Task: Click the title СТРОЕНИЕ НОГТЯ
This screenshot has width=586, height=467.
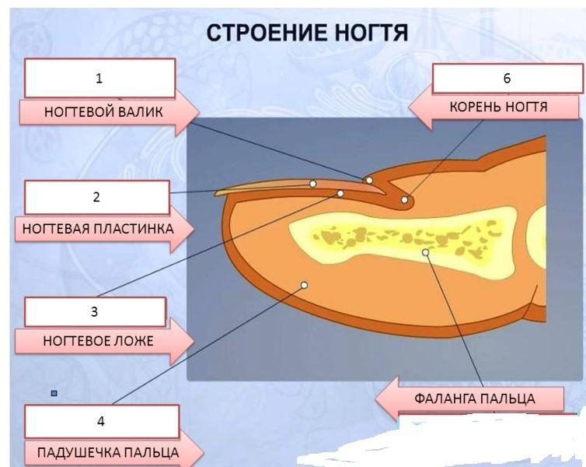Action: (x=307, y=33)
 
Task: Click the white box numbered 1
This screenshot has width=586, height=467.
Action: (x=99, y=78)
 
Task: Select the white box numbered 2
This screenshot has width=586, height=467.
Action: (x=96, y=197)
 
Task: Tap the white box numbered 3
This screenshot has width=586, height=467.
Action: (x=95, y=312)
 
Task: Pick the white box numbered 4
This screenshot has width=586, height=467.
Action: (x=101, y=422)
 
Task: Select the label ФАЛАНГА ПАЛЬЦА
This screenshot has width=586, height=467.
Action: (x=474, y=399)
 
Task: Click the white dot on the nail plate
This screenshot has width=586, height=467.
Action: (x=312, y=184)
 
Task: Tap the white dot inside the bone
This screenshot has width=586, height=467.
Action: (x=425, y=253)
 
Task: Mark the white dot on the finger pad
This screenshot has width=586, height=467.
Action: (x=304, y=285)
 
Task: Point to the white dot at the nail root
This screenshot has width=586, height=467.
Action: (x=405, y=200)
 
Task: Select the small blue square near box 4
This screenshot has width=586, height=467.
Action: (x=54, y=394)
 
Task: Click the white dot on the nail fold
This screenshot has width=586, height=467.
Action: (x=369, y=181)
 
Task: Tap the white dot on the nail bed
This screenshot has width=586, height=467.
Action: (x=340, y=193)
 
